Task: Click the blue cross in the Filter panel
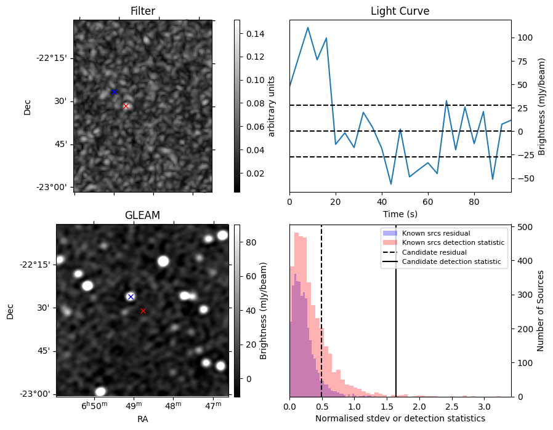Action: click(114, 92)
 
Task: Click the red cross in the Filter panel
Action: click(126, 106)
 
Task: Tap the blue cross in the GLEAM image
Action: click(131, 297)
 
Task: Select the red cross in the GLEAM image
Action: click(143, 311)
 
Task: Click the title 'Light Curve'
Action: click(400, 11)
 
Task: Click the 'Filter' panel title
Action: click(143, 11)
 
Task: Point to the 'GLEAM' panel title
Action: click(142, 215)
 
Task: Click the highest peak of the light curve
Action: click(308, 28)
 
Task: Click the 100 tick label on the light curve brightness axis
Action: click(525, 38)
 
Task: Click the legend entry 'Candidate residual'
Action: click(434, 252)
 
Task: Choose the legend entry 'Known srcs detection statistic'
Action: click(453, 242)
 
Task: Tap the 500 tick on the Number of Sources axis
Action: click(524, 227)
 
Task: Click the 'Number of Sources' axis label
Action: click(541, 311)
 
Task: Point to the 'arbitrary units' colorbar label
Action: click(271, 106)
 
